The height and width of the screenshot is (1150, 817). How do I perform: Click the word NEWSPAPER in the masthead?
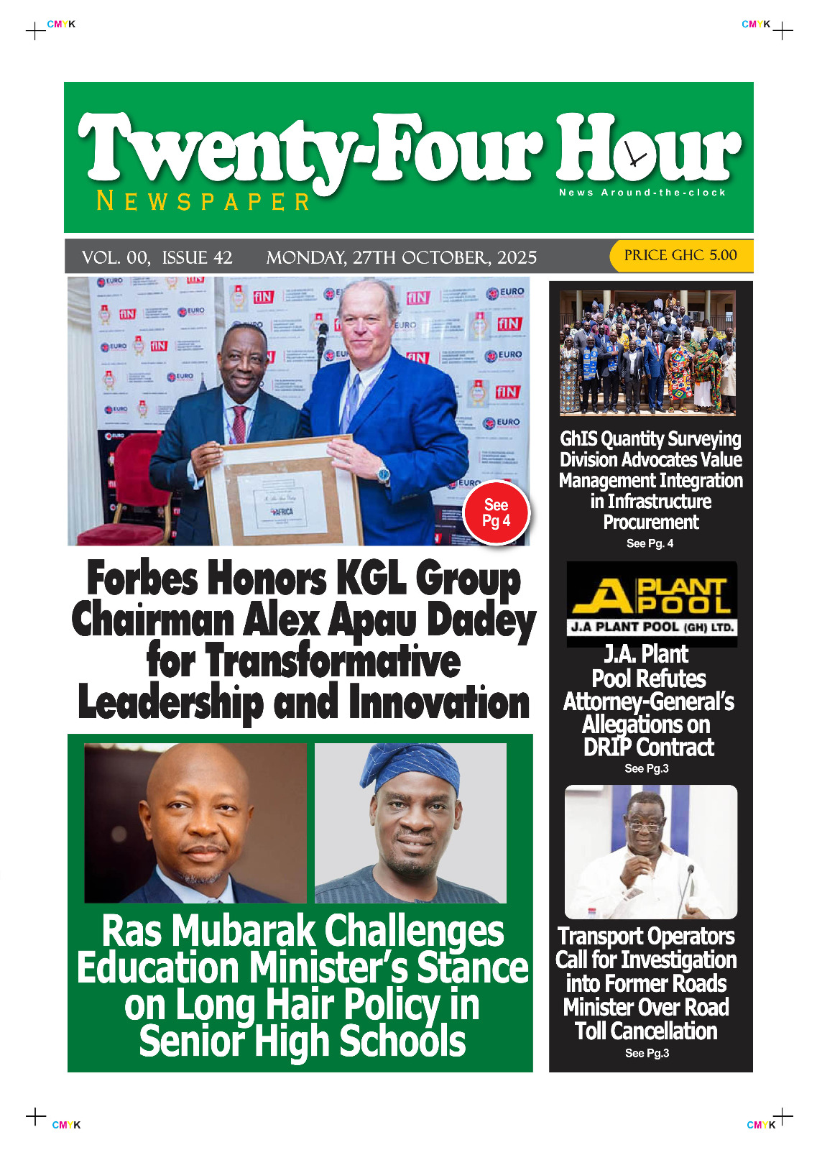tap(203, 201)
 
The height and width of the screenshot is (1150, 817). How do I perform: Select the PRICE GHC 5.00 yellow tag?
tap(680, 255)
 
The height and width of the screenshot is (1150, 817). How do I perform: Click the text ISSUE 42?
tap(197, 257)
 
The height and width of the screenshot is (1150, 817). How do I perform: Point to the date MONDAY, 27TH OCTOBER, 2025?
tap(401, 257)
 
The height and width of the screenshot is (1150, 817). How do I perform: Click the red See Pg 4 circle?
tap(496, 512)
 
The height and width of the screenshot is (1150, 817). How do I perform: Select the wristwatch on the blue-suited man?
tap(384, 474)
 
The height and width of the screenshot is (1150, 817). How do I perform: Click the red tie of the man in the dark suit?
tap(239, 424)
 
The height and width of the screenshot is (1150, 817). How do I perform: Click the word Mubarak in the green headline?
tap(244, 931)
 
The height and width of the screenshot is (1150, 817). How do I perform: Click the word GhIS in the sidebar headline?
tap(578, 438)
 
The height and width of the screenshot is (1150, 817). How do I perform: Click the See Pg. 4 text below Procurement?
tap(650, 543)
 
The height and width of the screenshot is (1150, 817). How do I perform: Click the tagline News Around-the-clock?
tap(642, 193)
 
